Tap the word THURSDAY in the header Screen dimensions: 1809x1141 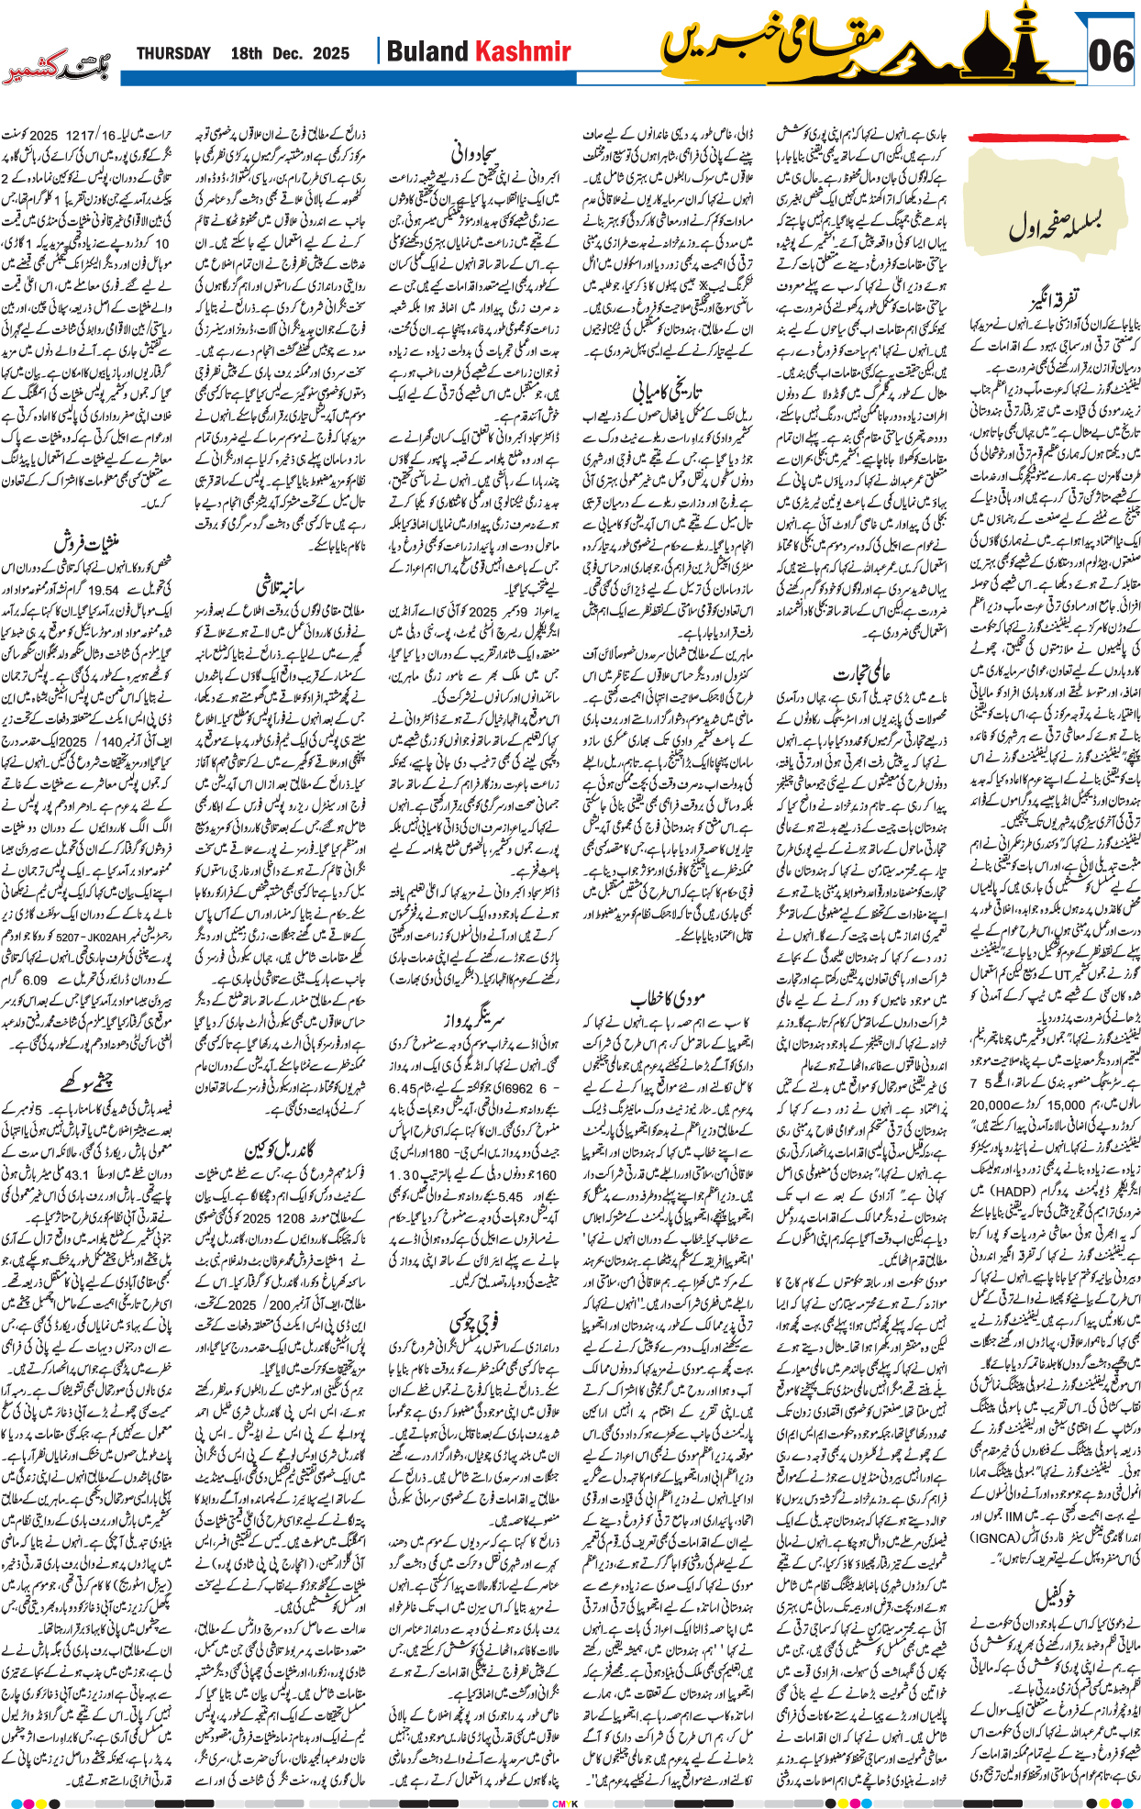point(173,53)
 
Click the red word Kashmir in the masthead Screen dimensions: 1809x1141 point(523,52)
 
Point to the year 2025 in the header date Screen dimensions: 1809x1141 point(330,53)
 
